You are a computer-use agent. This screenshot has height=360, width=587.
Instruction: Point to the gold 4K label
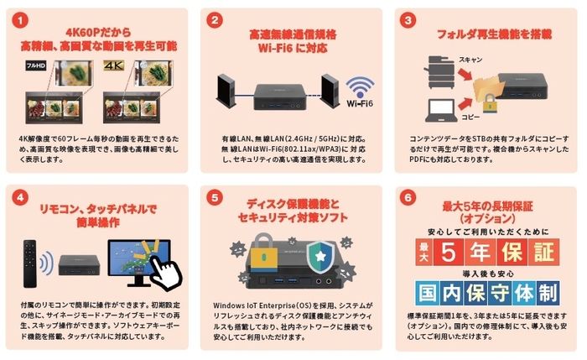tap(113, 64)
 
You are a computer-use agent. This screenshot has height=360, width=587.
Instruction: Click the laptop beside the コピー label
tap(443, 109)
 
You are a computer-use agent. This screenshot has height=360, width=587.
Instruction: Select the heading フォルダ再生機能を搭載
tap(488, 34)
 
